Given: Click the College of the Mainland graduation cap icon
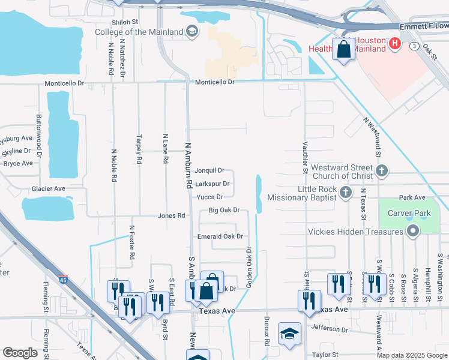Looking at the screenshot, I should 191,32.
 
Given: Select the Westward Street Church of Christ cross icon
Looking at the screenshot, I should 382,172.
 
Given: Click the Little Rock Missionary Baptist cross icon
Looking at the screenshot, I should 345,192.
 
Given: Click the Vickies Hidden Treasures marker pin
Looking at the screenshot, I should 412,232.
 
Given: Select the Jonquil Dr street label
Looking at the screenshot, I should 209,170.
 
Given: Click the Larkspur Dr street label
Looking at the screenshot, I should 212,184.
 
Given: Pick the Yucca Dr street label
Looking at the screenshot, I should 210,197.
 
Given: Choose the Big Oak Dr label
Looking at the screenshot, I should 224,210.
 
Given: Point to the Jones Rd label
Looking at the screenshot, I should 171,215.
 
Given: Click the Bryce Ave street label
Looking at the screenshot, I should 18,163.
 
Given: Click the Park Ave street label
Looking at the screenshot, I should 412,197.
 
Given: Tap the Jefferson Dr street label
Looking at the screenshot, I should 330,329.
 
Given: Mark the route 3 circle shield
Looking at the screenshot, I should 414,46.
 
